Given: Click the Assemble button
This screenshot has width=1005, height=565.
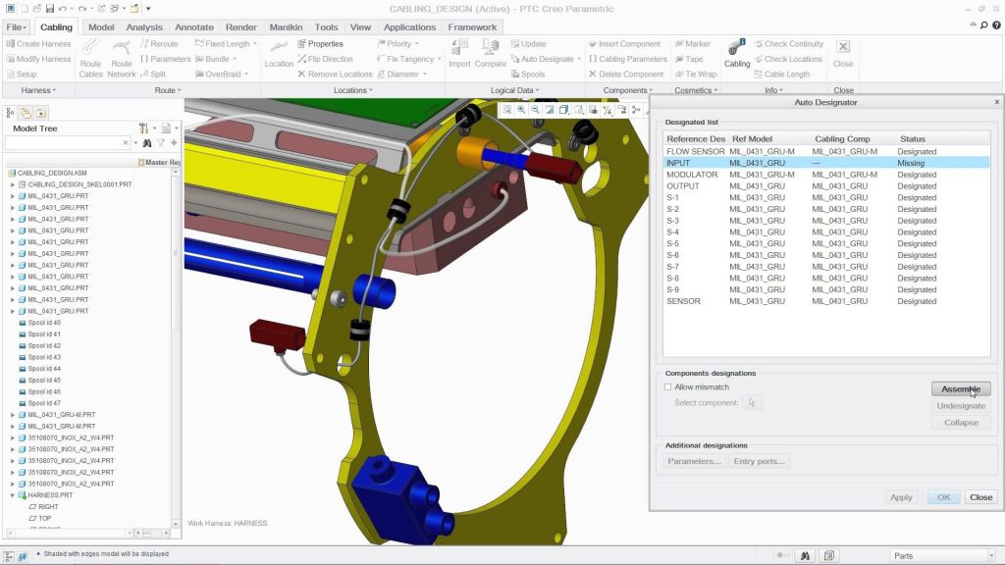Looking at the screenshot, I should pyautogui.click(x=960, y=388).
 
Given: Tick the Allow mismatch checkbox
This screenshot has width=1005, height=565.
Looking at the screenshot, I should pyautogui.click(x=668, y=387).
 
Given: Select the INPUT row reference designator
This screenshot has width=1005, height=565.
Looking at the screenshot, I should pyautogui.click(x=679, y=163).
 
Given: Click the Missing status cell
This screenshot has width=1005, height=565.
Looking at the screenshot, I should pyautogui.click(x=911, y=163).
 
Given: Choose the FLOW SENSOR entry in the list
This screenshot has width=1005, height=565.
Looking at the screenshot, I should pyautogui.click(x=696, y=152).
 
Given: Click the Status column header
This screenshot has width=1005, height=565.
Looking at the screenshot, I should pyautogui.click(x=913, y=139).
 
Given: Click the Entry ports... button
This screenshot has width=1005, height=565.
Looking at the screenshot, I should pyautogui.click(x=760, y=461).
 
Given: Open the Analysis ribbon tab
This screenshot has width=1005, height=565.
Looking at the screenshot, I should pyautogui.click(x=144, y=27).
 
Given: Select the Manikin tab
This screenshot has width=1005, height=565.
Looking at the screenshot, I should pyautogui.click(x=286, y=27).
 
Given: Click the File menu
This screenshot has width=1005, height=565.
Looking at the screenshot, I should pyautogui.click(x=17, y=27).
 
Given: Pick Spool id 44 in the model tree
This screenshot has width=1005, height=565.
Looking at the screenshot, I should pyautogui.click(x=44, y=369).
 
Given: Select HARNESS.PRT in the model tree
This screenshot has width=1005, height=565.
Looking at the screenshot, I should pyautogui.click(x=52, y=495).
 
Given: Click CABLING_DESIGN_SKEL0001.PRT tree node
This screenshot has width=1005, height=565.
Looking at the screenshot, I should pyautogui.click(x=79, y=184).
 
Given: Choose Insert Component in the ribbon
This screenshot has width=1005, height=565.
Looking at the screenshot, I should pyautogui.click(x=629, y=44).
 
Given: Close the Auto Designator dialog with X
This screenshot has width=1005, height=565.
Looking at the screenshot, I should pyautogui.click(x=997, y=102).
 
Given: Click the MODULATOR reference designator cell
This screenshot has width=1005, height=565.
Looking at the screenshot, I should pyautogui.click(x=692, y=175).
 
